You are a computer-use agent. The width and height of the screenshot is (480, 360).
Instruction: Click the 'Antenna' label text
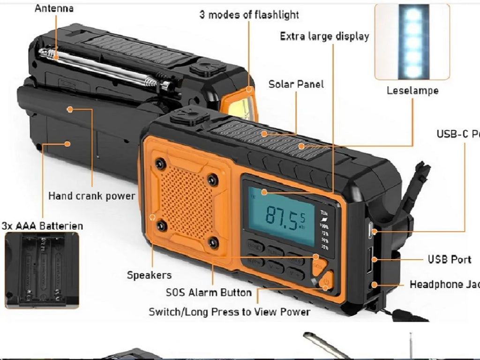tap(54, 8)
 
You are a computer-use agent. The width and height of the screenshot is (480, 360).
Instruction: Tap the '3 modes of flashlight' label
tap(249, 15)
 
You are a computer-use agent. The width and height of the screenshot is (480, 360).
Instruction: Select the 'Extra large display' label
tap(324, 36)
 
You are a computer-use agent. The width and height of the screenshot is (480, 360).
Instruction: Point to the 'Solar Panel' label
tap(296, 84)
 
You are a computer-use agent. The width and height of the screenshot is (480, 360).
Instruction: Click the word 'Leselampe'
tap(412, 90)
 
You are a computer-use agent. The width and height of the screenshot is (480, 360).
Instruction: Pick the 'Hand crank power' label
tap(91, 195)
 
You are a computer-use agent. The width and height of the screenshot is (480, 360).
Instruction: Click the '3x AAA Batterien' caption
tap(42, 226)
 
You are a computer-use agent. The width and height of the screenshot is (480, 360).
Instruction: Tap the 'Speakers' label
tap(149, 275)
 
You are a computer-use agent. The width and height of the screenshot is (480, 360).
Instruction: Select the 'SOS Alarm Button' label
tap(209, 292)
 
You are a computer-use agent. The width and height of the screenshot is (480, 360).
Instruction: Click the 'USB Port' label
tap(449, 259)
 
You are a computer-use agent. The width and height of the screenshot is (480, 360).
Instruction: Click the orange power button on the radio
tap(327, 282)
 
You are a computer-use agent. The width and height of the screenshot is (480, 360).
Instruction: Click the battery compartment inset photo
tap(42, 270)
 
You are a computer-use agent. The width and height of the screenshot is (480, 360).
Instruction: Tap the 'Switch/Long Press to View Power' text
tap(229, 312)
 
